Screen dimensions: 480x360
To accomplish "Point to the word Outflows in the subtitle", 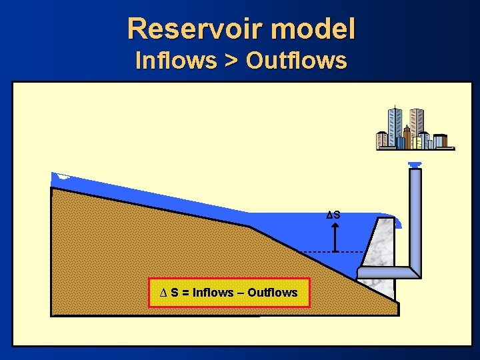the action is click(297, 61).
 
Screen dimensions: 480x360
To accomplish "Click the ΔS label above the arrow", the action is click(333, 215).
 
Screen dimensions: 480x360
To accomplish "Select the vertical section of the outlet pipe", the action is click(415, 213).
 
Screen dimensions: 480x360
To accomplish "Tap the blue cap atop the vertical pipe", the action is click(415, 165).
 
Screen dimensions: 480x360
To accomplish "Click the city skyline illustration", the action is click(413, 130).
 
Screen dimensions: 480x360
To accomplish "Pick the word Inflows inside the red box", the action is click(213, 293).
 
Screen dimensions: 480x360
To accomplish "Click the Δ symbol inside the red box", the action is click(163, 293).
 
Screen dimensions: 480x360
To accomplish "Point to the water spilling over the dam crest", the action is click(395, 221).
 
